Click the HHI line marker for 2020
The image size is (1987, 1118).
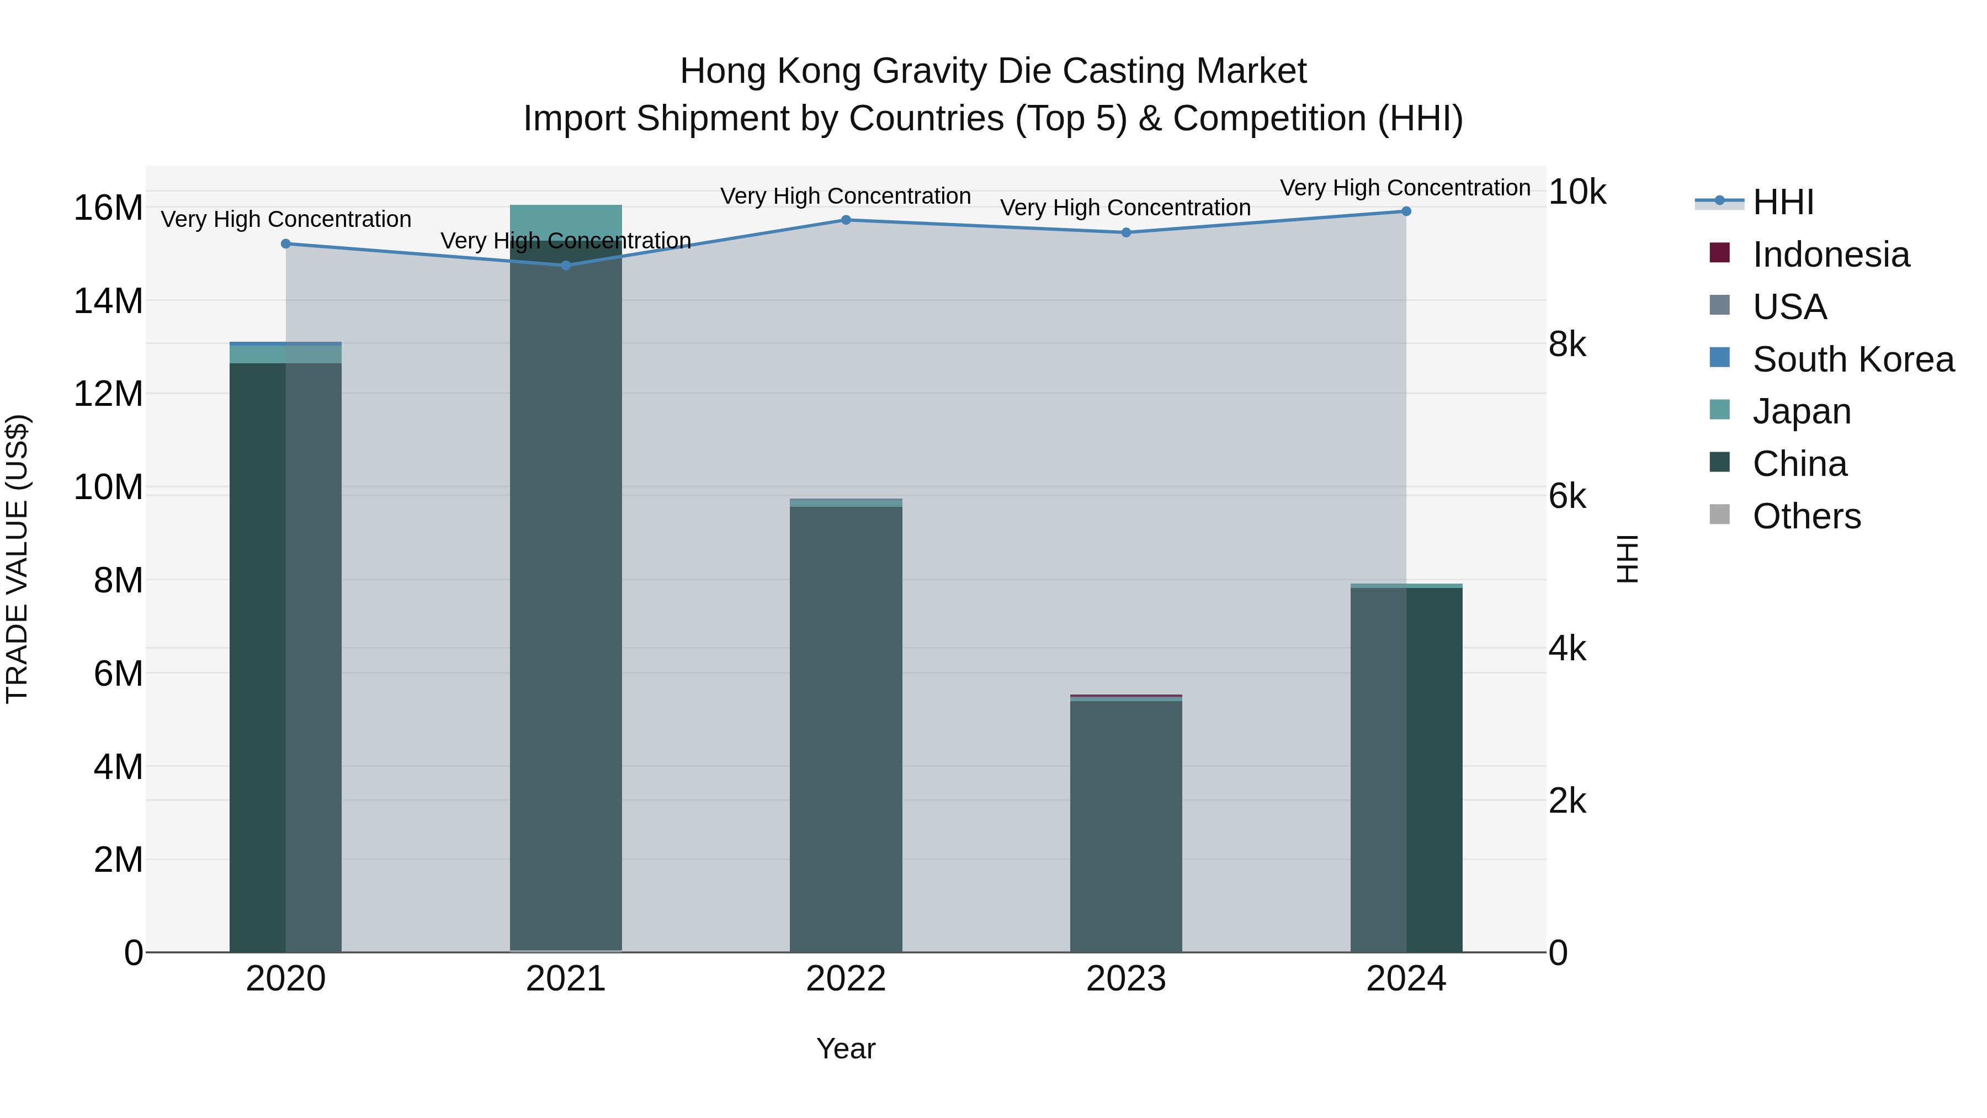[x=285, y=244]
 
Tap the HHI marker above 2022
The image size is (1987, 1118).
[x=846, y=220]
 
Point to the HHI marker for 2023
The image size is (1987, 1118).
[x=1125, y=232]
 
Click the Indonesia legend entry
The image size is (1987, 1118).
[x=1830, y=255]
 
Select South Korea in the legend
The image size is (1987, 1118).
[x=1853, y=359]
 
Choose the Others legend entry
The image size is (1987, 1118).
[x=1806, y=516]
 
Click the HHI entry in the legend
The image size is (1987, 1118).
[x=1783, y=202]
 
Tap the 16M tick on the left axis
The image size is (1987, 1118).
[x=108, y=208]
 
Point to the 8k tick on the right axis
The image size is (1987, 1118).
[x=1566, y=345]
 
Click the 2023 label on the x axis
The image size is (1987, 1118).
[x=1125, y=979]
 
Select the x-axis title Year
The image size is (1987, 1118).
[x=846, y=1048]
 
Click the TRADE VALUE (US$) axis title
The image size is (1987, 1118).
[x=17, y=559]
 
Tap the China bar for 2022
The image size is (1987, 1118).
[x=846, y=729]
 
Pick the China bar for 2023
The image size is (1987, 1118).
[x=1125, y=825]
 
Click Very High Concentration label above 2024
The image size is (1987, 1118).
[x=1405, y=188]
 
